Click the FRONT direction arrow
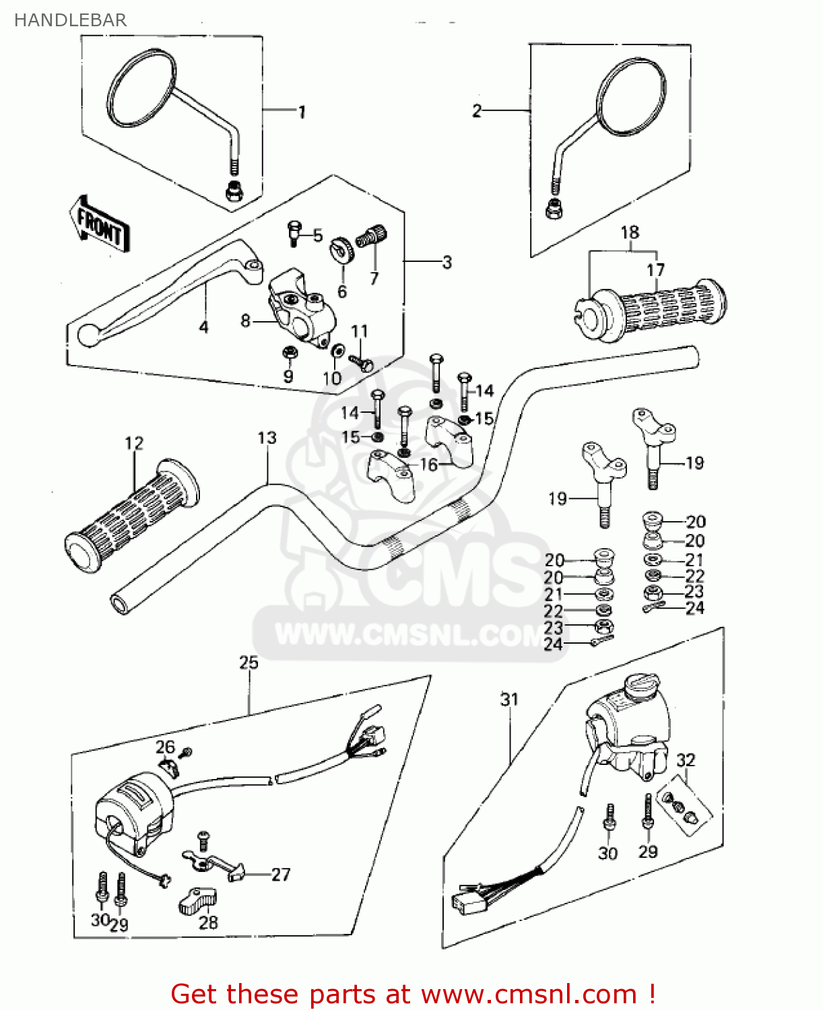click(99, 225)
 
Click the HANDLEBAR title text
click(70, 20)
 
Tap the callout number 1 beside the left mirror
click(302, 112)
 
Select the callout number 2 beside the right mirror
click(477, 111)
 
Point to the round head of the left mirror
click(142, 88)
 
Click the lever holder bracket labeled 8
click(301, 310)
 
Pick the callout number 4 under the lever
click(203, 327)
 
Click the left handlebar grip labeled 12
click(132, 516)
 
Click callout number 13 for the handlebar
click(267, 438)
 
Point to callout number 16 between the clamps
click(428, 465)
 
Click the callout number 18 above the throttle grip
click(630, 232)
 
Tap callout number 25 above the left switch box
click(249, 663)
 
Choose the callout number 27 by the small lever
click(281, 875)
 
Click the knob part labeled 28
click(198, 901)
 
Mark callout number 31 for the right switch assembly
click(509, 700)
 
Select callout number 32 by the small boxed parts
click(686, 760)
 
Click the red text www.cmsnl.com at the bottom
click(529, 995)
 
